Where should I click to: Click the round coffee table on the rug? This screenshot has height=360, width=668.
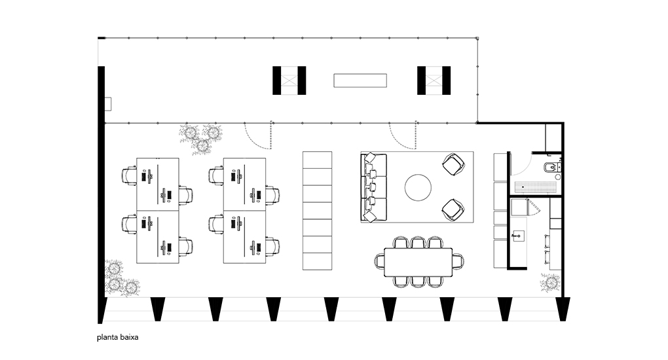418,187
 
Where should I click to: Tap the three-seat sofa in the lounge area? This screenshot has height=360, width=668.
373,187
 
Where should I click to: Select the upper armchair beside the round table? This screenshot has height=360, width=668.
453,164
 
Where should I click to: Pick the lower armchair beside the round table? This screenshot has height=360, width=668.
453,210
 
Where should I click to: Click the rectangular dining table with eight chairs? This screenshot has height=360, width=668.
418,262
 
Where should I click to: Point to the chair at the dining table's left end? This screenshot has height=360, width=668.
380,261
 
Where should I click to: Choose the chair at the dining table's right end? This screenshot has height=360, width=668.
458,261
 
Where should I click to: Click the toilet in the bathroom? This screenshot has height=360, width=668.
551,168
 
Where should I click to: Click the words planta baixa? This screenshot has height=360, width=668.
118,338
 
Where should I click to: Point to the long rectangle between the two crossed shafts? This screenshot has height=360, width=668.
360,81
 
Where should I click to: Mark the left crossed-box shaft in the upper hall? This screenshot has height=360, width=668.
289,81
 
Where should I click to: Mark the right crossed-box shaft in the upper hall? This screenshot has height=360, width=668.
434,81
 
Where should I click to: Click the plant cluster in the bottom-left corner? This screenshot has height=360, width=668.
121,278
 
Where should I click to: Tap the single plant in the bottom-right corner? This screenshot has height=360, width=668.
551,283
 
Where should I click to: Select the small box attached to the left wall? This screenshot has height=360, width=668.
108,104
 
